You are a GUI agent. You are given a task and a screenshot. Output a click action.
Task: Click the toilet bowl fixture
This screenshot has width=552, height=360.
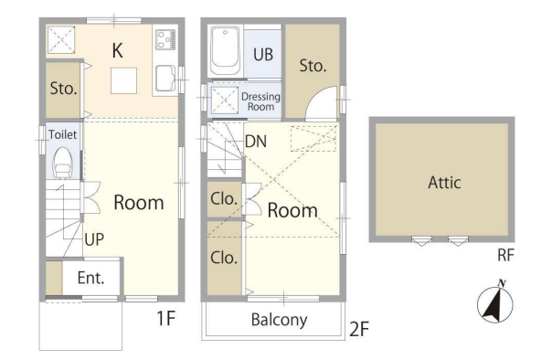click(63, 163)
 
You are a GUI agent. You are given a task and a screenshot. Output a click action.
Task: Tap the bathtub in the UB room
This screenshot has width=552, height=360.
click(226, 50)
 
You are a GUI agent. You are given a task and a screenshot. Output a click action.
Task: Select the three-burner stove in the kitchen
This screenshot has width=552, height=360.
click(165, 39)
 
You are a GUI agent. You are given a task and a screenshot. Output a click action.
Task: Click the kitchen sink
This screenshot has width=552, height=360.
click(165, 78)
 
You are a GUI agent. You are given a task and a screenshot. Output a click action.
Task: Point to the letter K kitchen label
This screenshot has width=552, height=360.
click(118, 50)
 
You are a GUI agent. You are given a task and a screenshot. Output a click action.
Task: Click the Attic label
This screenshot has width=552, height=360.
click(444, 183)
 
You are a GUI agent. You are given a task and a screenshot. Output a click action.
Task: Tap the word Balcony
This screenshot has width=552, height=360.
click(279, 320)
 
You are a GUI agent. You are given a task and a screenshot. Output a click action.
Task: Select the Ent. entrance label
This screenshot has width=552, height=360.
click(90, 278)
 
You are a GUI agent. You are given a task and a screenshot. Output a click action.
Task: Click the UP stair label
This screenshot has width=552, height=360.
click(94, 239)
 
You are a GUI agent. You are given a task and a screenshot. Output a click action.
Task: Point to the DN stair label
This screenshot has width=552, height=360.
click(256, 142)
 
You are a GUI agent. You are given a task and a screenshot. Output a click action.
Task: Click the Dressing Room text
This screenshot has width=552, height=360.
click(260, 101)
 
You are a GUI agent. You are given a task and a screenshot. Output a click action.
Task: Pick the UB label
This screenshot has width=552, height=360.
click(263, 55)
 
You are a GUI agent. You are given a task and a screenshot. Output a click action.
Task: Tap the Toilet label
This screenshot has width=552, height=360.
click(62, 134)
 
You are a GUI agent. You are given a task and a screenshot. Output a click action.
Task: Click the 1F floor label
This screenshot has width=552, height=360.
click(165, 318)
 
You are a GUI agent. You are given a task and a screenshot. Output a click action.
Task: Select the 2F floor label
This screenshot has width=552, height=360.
click(359, 329)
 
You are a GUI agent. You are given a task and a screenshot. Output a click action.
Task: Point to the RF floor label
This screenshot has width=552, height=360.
click(506, 255)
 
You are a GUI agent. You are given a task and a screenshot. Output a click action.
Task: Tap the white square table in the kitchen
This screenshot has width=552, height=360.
click(123, 80)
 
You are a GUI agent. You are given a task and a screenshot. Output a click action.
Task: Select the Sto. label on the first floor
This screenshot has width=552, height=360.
click(63, 89)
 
